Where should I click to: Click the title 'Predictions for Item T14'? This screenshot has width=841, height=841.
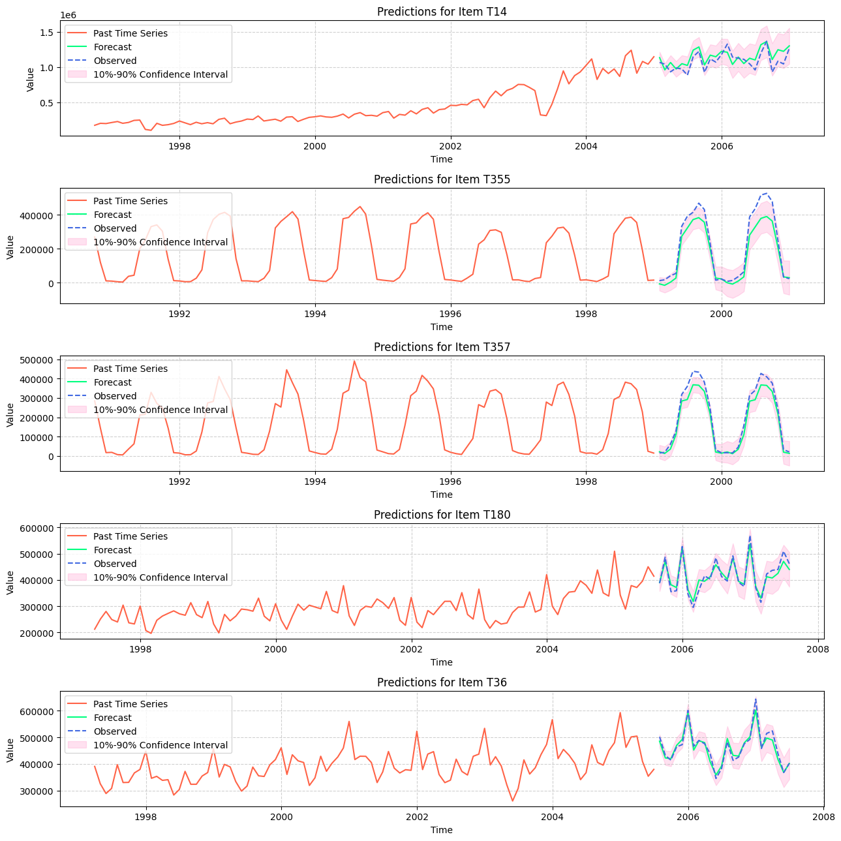[442, 11]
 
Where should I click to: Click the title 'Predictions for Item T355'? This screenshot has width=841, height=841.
[442, 179]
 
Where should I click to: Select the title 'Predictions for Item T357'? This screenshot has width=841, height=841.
[442, 346]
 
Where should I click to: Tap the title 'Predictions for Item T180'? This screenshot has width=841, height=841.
[442, 514]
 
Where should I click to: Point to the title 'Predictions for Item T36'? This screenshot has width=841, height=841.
[442, 682]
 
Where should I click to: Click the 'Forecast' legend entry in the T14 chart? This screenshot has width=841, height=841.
[112, 47]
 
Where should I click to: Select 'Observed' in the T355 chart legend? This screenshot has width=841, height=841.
[115, 228]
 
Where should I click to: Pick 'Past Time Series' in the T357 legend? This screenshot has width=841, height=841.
[130, 369]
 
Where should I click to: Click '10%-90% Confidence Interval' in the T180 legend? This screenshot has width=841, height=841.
[161, 577]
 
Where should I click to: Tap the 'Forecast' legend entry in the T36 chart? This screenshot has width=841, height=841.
[112, 718]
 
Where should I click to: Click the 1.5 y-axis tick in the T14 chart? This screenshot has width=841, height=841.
[46, 33]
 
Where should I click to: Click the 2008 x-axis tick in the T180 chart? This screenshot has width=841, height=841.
[818, 649]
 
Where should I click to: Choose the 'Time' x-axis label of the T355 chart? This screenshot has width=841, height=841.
[442, 327]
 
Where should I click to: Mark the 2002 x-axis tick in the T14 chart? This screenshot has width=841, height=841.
[450, 146]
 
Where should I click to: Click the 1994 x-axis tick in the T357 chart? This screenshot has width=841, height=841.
[315, 482]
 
